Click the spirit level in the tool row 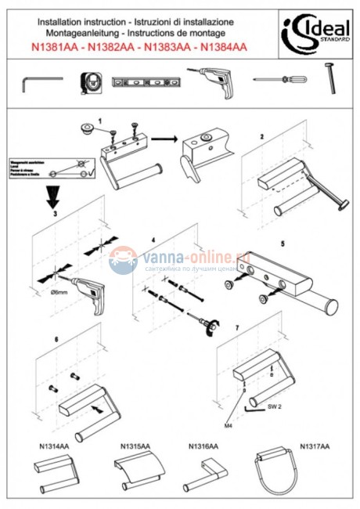click(x=145, y=81)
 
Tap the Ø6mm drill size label click(x=59, y=292)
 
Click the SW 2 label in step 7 click(x=274, y=407)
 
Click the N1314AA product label click(x=54, y=446)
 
